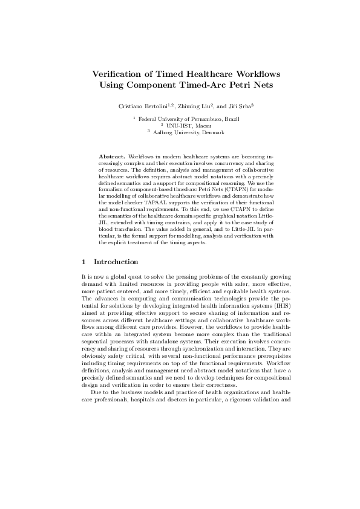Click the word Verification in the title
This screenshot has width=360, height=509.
pyautogui.click(x=119, y=74)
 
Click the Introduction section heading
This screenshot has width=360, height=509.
pyautogui.click(x=116, y=262)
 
